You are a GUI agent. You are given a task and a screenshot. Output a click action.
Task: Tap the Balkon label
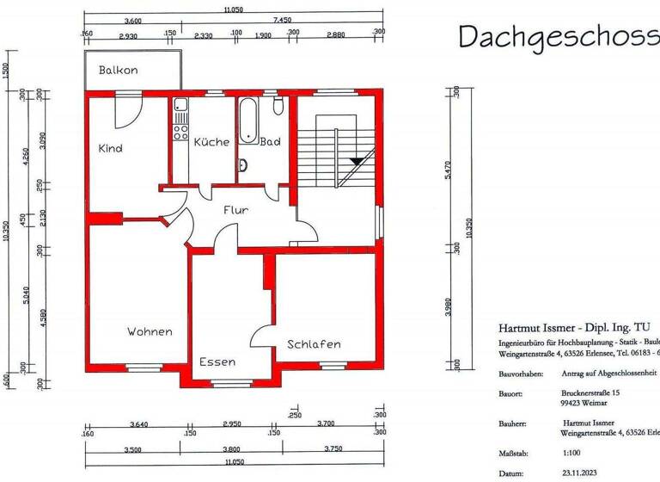tap(119, 70)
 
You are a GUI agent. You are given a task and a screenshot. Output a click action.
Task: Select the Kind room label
tap(110, 148)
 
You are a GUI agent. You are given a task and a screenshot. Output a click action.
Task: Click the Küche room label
tap(210, 141)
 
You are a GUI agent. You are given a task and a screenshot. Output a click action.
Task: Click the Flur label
tap(236, 209)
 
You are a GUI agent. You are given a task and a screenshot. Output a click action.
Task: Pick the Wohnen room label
tap(150, 331)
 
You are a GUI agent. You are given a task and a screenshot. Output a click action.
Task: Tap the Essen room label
tap(217, 361)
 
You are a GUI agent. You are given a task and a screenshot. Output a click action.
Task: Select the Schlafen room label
tap(314, 343)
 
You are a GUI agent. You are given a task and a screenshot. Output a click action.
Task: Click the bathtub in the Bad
tap(247, 119)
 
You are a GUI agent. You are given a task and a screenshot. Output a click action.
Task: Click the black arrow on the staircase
tap(356, 161)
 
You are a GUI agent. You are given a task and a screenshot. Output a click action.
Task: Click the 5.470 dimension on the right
tap(448, 176)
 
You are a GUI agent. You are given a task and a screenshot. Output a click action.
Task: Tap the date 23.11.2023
tap(584, 473)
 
